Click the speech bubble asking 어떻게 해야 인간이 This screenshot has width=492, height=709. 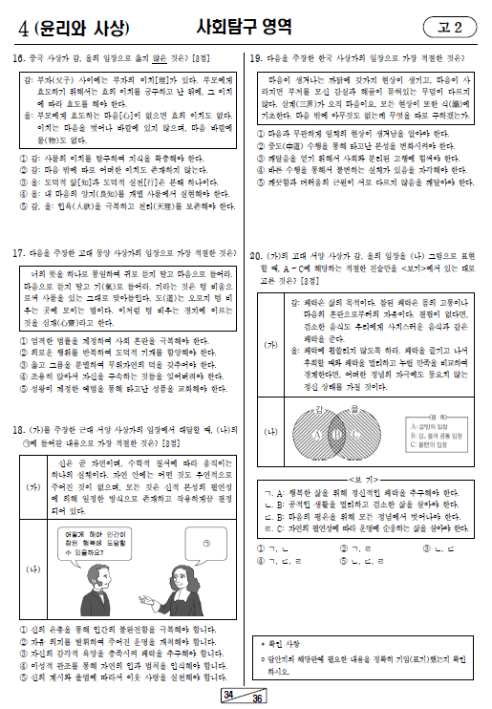tap(95, 546)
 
